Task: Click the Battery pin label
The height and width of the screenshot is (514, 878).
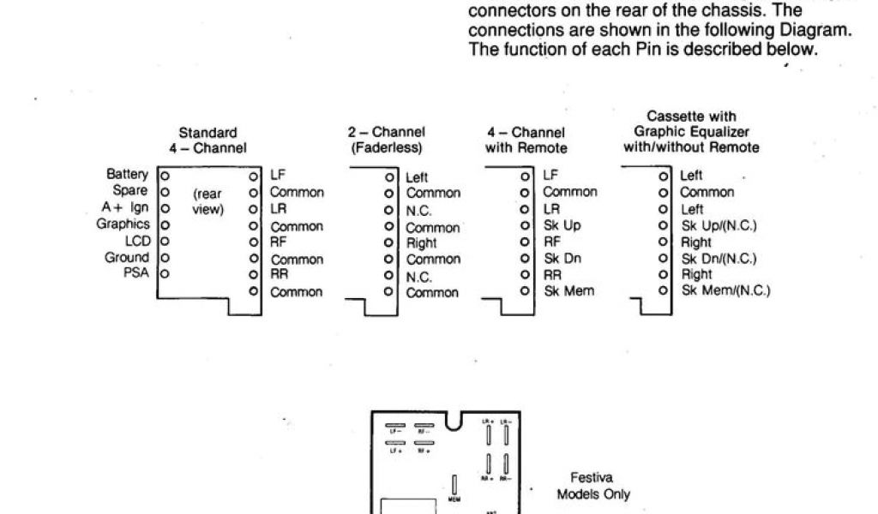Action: click(127, 174)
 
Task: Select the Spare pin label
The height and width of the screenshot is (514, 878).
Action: click(130, 190)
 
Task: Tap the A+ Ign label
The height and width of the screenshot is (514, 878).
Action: click(125, 207)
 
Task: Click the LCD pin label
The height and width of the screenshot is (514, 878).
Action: click(136, 241)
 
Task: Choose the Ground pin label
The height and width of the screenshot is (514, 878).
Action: click(127, 257)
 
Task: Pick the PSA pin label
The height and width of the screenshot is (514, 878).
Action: click(135, 273)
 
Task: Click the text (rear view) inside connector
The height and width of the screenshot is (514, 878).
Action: click(207, 201)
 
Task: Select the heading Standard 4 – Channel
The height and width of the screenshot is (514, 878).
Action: click(207, 140)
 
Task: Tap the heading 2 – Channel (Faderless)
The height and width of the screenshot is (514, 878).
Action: click(386, 140)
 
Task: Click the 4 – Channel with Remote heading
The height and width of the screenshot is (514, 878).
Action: click(526, 140)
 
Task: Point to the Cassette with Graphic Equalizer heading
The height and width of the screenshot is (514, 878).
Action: click(691, 131)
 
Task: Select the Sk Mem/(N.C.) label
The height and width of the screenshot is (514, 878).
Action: click(725, 291)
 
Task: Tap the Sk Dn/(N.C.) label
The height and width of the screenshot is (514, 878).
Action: click(719, 259)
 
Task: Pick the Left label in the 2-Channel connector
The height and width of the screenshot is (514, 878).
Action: click(417, 177)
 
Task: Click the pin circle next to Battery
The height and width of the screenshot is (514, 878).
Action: click(165, 175)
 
